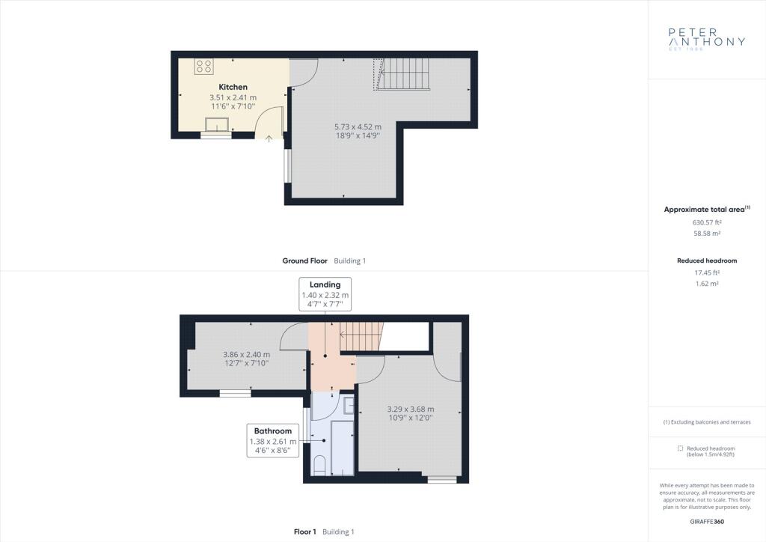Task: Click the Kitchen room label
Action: pyautogui.click(x=233, y=87)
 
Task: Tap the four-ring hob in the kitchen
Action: pyautogui.click(x=203, y=67)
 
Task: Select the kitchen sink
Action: pyautogui.click(x=216, y=124)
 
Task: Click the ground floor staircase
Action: pyautogui.click(x=402, y=74)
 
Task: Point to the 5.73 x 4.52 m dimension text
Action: pyautogui.click(x=358, y=127)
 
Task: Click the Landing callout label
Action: pyautogui.click(x=325, y=284)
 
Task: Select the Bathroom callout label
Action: pyautogui.click(x=272, y=431)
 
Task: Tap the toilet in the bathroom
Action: pyautogui.click(x=319, y=465)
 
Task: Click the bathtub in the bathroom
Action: pyautogui.click(x=343, y=448)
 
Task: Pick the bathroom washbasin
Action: pyautogui.click(x=349, y=406)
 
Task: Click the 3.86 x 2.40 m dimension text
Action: pyautogui.click(x=247, y=354)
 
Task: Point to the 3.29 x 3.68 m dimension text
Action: pyautogui.click(x=411, y=409)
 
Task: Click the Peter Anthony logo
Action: pyautogui.click(x=707, y=39)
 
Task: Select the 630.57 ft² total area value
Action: pyautogui.click(x=707, y=222)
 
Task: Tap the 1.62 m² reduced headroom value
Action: pyautogui.click(x=707, y=284)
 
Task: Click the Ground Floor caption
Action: pyautogui.click(x=305, y=261)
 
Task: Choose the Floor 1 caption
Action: pyautogui.click(x=305, y=532)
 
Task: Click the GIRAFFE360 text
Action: pyautogui.click(x=707, y=522)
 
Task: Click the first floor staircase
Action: pyautogui.click(x=361, y=336)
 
